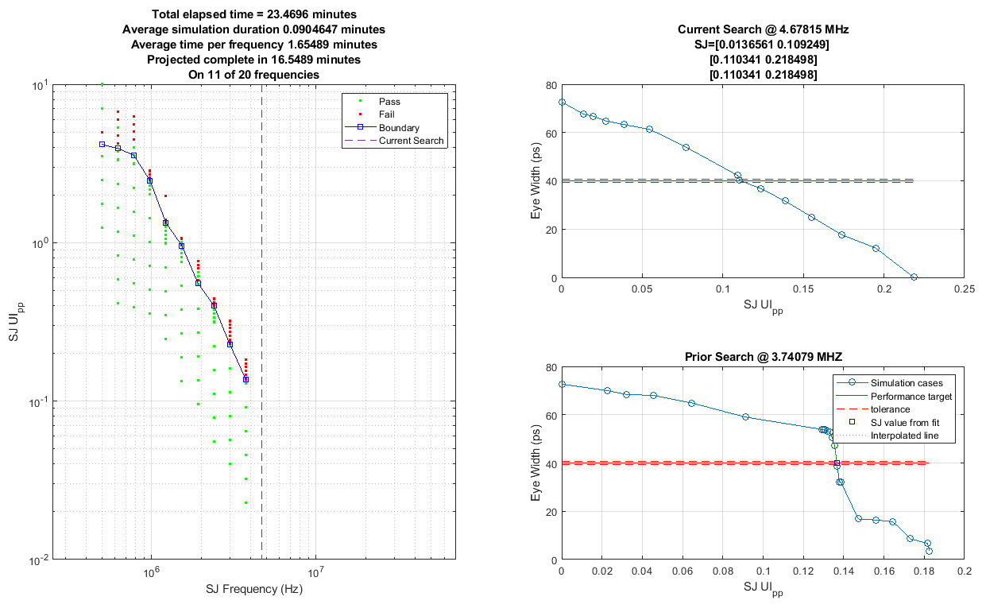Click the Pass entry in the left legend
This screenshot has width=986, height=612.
tap(389, 102)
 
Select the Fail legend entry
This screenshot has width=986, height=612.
tap(387, 114)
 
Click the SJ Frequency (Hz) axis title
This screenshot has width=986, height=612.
tap(253, 590)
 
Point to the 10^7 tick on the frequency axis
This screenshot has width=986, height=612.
tap(315, 571)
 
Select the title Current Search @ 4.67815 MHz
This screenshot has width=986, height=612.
tap(763, 29)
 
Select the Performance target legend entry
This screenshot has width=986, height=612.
tap(911, 395)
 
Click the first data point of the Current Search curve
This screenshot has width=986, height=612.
tap(562, 103)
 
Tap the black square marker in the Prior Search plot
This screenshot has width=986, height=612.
tap(837, 463)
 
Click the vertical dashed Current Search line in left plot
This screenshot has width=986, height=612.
tap(261, 318)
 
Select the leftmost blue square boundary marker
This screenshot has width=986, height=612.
tap(102, 144)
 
